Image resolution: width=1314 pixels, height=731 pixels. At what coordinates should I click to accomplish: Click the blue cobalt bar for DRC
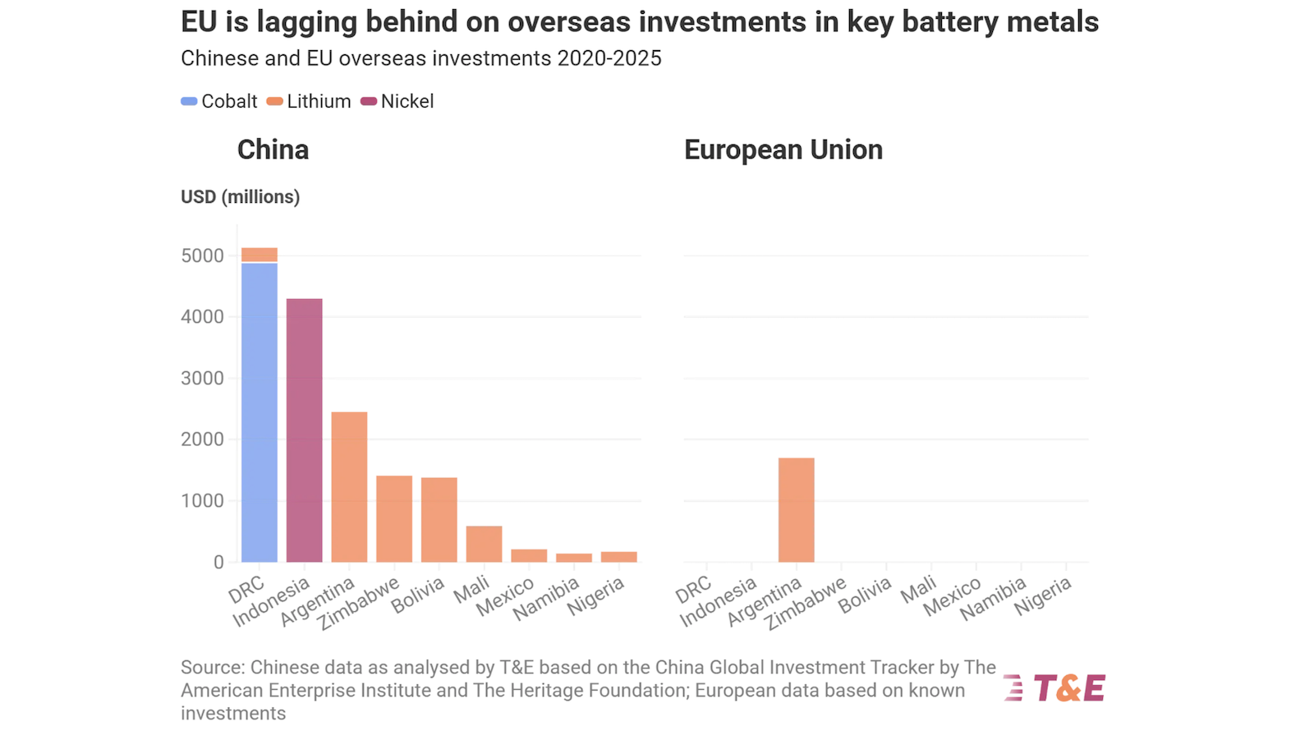260,411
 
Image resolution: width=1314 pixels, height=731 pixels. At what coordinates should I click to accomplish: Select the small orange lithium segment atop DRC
260,255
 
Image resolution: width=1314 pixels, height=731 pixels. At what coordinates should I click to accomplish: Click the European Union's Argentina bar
797,509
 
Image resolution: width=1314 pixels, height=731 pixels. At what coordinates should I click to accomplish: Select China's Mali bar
484,544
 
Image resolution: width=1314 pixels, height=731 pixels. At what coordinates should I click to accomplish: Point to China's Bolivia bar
439,519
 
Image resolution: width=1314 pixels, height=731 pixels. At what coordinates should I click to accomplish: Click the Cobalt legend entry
219,101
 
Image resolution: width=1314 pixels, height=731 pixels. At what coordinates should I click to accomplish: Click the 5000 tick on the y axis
202,255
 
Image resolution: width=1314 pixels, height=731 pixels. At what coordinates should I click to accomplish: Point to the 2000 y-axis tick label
202,439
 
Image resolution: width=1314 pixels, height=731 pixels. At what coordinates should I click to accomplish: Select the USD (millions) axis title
240,197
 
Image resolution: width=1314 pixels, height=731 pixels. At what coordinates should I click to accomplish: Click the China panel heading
273,150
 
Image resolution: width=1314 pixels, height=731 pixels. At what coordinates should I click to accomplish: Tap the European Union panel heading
783,150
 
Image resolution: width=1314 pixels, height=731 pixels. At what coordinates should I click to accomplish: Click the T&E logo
1055,687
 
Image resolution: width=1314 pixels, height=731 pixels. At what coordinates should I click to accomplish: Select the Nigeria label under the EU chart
1043,596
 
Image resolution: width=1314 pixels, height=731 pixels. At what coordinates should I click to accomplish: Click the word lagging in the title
306,22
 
